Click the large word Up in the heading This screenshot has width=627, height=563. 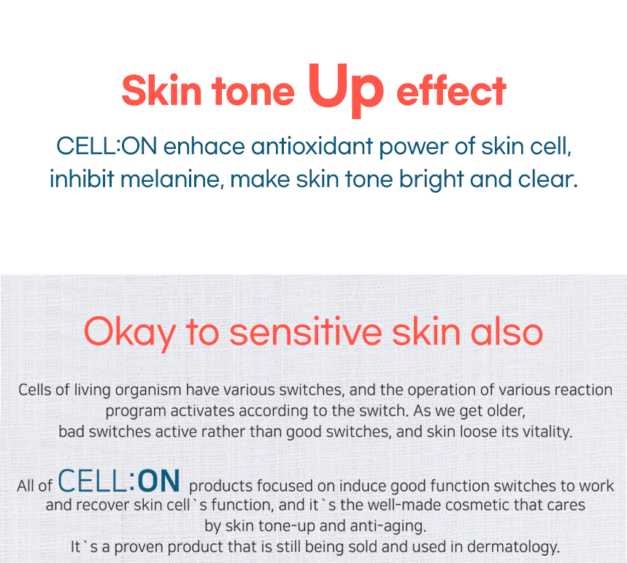pos(346,90)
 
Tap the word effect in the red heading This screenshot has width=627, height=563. pos(452,91)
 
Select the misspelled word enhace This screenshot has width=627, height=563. pos(204,146)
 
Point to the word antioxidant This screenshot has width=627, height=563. pos(312,146)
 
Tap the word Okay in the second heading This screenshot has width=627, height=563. pos(129,333)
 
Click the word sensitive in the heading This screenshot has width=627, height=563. pos(306,332)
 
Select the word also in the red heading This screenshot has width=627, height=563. pos(507,332)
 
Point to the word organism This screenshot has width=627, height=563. pos(148,390)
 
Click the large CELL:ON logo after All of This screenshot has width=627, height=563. pos(119,481)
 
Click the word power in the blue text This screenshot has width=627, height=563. pos(413,147)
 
